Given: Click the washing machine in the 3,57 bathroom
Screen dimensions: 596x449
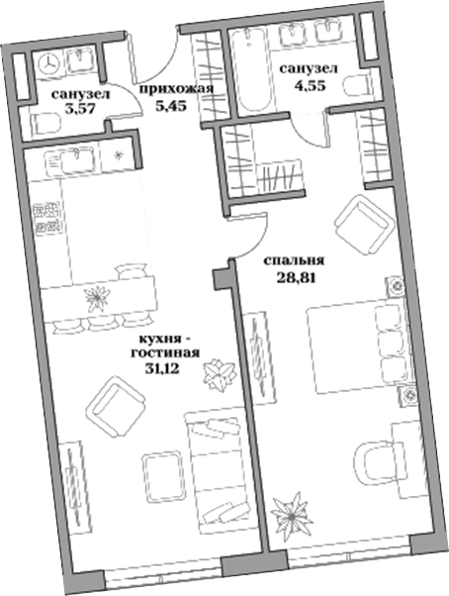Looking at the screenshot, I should pos(45,62).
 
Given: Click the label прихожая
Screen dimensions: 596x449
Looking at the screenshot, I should pos(177,88).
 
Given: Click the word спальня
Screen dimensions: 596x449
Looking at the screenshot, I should pos(296,262).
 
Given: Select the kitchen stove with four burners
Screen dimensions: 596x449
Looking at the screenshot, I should pos(46,219).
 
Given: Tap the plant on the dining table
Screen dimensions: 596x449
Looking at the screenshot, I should pos(98,295).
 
